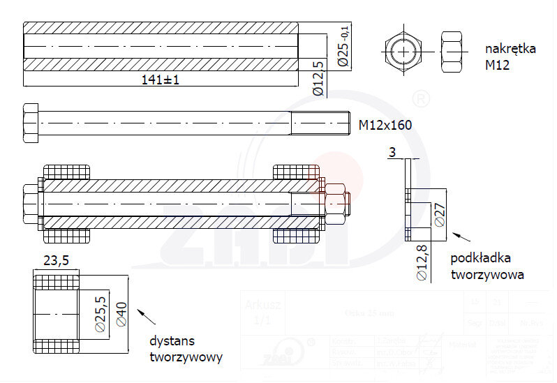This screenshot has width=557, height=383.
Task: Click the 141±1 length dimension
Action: coord(161,80)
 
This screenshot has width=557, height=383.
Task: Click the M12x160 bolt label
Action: coord(385,125)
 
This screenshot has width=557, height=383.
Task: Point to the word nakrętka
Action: coord(510,49)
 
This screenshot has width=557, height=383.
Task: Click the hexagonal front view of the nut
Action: coord(401,51)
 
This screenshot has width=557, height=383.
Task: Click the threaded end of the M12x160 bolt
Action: coord(320,124)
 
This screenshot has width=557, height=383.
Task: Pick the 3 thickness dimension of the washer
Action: coord(392,152)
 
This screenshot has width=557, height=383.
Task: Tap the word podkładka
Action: coord(480,258)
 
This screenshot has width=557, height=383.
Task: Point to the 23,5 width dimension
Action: coord(56,261)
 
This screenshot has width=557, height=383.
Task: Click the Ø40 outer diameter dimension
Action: coord(121,313)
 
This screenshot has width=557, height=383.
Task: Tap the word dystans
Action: coord(172,341)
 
